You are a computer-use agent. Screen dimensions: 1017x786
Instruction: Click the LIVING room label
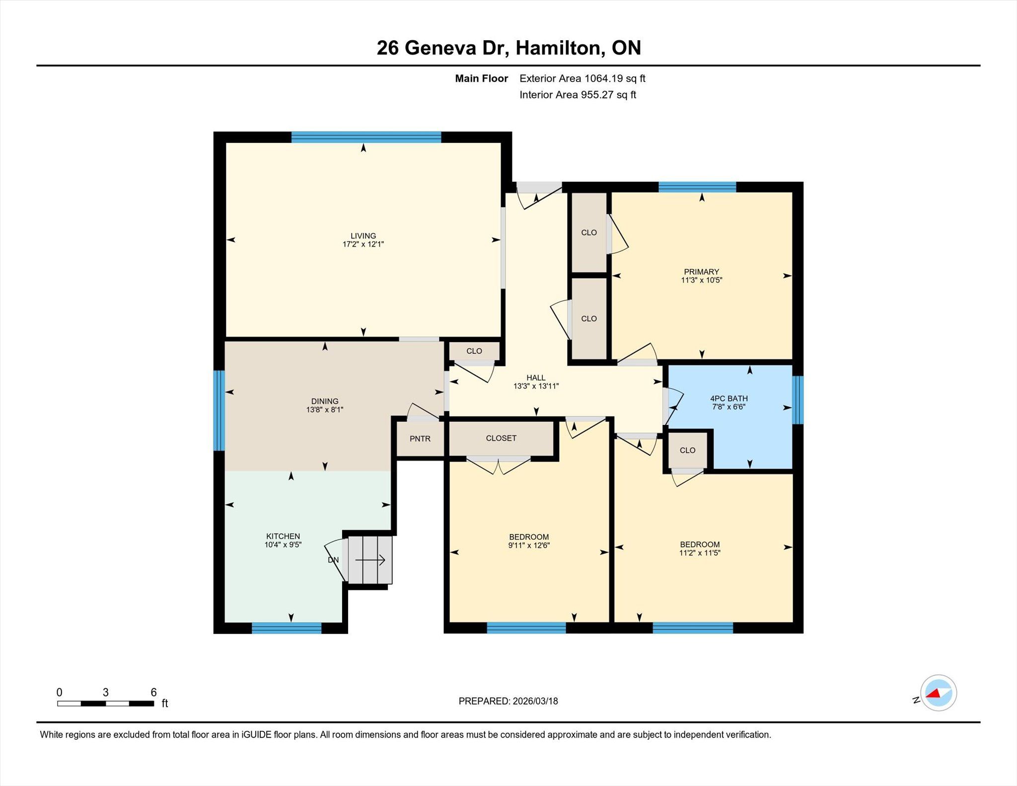(x=363, y=236)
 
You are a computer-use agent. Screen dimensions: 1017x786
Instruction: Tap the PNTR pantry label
(x=420, y=439)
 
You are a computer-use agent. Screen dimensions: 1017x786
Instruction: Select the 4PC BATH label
(x=729, y=398)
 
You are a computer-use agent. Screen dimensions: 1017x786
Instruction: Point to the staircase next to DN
(x=370, y=560)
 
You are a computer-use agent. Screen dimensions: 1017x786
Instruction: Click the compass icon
(x=939, y=693)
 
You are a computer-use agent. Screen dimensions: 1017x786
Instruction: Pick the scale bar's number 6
(x=153, y=692)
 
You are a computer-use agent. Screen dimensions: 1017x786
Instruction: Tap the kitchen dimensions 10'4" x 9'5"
(x=283, y=544)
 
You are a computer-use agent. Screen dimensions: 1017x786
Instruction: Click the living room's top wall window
(x=366, y=137)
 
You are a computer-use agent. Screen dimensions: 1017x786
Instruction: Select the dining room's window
(x=219, y=411)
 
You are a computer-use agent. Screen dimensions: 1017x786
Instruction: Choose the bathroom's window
(x=798, y=400)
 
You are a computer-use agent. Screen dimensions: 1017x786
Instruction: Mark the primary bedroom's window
(x=697, y=187)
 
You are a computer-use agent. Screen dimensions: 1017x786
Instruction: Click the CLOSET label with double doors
(x=501, y=438)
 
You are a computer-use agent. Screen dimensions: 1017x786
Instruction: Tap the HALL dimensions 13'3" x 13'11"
(x=536, y=386)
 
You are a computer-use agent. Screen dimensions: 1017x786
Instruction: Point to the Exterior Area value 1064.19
(x=603, y=78)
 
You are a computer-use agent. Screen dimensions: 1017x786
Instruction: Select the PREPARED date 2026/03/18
(x=535, y=701)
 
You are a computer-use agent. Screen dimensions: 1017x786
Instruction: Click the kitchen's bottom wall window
(x=287, y=628)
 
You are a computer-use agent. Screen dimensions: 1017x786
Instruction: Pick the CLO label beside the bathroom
(x=687, y=450)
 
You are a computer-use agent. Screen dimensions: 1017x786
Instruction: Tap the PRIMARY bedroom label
(x=701, y=272)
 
